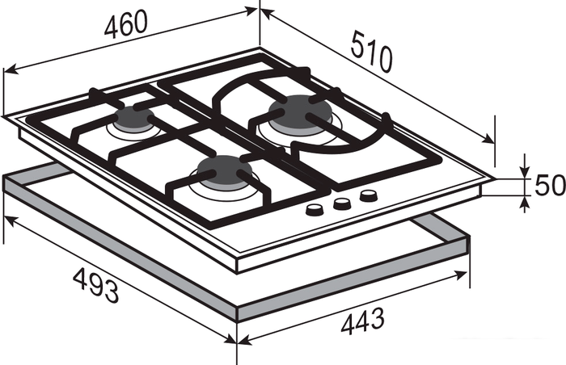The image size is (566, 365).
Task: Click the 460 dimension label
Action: (x=126, y=23)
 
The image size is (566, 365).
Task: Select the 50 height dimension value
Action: (x=549, y=185)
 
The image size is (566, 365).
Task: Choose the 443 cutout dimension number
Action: (x=362, y=321)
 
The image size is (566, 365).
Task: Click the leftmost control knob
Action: (x=313, y=209)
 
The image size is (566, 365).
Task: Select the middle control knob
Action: (x=341, y=203)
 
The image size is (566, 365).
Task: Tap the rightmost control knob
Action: (x=369, y=196)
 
